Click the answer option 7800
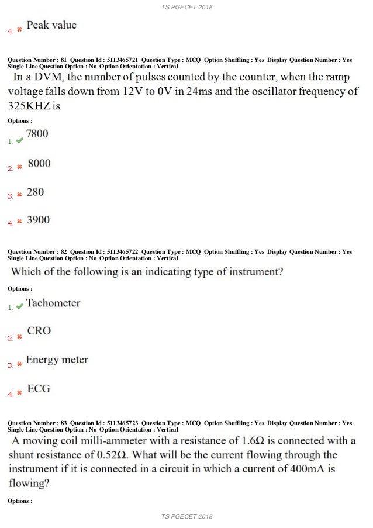pos(37,134)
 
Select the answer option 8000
pos(39,163)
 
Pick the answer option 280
pos(36,192)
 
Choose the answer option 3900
pos(38,220)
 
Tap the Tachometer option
pos(53,303)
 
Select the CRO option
pos(39,331)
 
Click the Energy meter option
pos(57,360)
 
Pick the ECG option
pos(39,388)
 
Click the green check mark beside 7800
pos(19,140)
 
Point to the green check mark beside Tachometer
pos(19,306)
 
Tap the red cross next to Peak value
pos(19,29)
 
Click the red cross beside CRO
pos(19,337)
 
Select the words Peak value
pos(51,25)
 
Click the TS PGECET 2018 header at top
pos(186,8)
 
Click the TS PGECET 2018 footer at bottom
pos(186,516)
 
